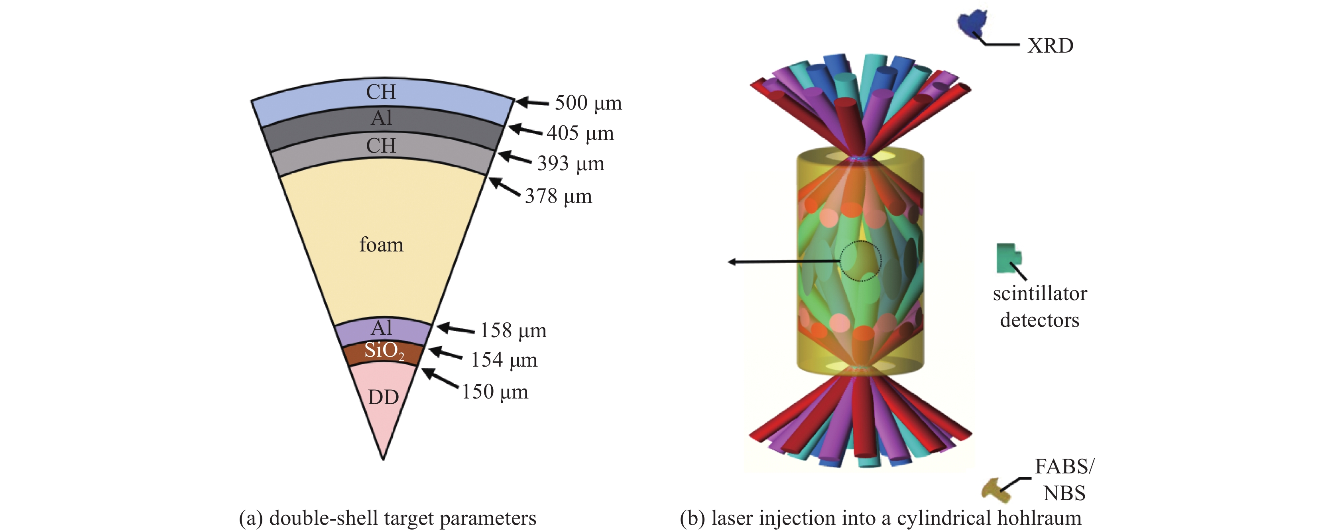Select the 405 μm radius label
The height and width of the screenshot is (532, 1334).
[x=580, y=134]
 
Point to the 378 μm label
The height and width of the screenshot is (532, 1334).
[x=558, y=196]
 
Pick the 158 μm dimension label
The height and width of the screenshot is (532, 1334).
[x=513, y=331]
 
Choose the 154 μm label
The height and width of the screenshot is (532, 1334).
[x=504, y=360]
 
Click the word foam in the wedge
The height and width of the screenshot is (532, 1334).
[x=381, y=245]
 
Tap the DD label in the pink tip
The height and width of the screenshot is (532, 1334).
[x=383, y=397]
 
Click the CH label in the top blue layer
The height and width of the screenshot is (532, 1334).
[x=381, y=92]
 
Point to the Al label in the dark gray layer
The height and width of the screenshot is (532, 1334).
[x=382, y=118]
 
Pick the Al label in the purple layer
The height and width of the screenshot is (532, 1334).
[x=382, y=328]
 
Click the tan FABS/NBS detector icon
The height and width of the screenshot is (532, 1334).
[x=996, y=490]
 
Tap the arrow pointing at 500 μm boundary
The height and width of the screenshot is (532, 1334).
[x=532, y=102]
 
